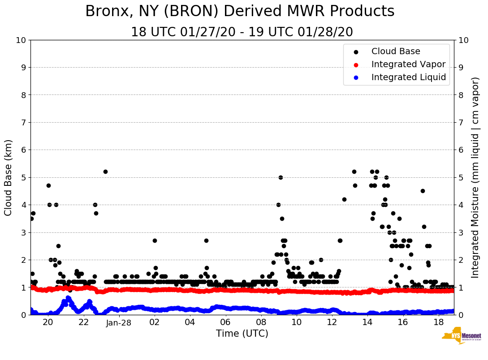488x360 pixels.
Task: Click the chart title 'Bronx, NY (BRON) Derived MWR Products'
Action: tap(240, 11)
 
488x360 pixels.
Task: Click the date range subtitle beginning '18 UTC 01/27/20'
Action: tap(242, 32)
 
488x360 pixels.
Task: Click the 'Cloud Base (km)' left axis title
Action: tap(9, 177)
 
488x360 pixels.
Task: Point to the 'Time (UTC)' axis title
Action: tap(242, 334)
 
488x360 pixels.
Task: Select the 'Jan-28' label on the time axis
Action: tap(119, 323)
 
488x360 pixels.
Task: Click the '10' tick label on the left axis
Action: tap(20, 40)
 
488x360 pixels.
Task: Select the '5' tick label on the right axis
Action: tap(460, 178)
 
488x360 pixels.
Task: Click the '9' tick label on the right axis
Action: tap(460, 68)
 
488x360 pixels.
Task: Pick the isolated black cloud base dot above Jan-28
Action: tap(105, 171)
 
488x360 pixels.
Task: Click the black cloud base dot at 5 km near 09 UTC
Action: tap(281, 177)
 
